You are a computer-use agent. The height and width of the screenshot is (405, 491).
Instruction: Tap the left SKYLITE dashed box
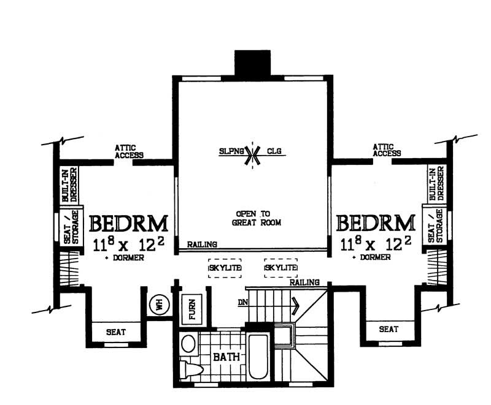point(225,268)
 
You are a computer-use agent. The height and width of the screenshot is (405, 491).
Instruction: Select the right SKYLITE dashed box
point(281,268)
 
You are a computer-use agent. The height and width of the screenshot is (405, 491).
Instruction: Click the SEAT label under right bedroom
point(388,329)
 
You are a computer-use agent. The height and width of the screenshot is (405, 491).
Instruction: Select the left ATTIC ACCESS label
point(129,151)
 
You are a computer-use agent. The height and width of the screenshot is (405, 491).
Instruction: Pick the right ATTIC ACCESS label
point(387,150)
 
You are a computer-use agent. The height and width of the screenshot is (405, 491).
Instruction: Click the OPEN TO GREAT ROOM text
point(252,218)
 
